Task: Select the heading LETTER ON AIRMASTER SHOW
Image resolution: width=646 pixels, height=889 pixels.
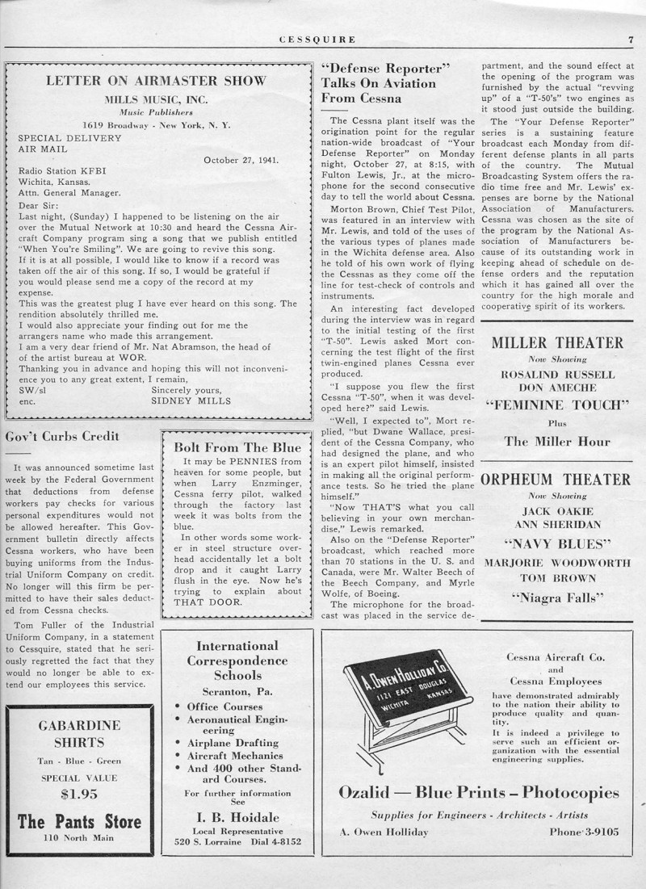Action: coord(156,80)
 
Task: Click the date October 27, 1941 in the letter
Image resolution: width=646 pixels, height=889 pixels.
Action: coord(241,159)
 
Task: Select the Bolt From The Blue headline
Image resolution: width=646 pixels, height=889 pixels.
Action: coord(237,447)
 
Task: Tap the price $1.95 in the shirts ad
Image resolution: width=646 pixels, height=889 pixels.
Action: coord(79,794)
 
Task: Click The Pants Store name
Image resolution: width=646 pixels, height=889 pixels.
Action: coord(79,822)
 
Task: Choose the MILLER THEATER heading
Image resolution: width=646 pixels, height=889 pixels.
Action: coord(557,343)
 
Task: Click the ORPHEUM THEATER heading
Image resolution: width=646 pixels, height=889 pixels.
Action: coord(556,480)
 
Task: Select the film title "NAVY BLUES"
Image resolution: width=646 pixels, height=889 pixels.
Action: coord(557,543)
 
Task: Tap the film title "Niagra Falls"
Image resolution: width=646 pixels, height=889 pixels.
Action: coord(557,598)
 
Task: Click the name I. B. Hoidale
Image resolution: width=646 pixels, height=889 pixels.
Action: coord(237,816)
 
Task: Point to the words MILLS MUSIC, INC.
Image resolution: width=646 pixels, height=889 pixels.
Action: coord(156,99)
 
